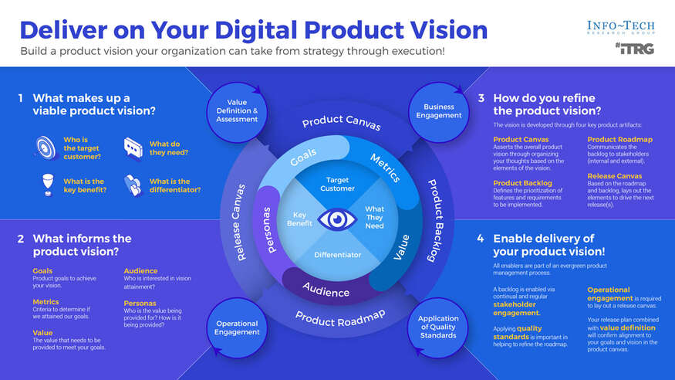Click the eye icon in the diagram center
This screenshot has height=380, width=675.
pos(336,219)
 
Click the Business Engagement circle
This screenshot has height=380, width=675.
pos(439,110)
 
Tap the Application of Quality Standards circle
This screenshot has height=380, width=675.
pos(438,327)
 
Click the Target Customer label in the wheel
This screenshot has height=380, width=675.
pos(336,184)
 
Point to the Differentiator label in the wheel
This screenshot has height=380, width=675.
pos(336,254)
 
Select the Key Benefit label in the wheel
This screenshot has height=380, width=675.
pos(300,219)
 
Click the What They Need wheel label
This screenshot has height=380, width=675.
pos(374,217)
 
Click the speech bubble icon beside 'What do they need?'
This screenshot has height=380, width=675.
pos(133,148)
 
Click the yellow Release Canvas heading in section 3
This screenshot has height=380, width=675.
pos(614,175)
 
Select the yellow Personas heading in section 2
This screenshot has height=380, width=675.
pos(140,304)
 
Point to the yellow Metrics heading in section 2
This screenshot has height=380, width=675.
pos(46,302)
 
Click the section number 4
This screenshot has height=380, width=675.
pos(481,239)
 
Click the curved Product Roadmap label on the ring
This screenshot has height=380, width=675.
pos(340,317)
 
